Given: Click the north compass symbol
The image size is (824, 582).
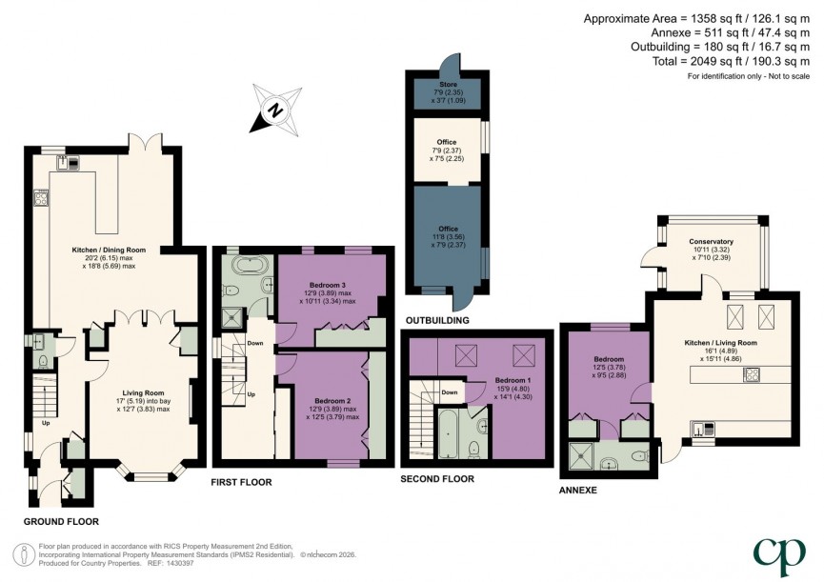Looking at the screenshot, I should click(x=273, y=110).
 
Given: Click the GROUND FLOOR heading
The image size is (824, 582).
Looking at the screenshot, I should click(x=61, y=521).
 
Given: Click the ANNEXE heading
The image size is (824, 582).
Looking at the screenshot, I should click(x=577, y=490).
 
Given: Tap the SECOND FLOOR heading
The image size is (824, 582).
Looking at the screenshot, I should click(x=437, y=479).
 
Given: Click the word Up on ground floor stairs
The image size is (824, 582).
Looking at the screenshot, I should click(x=44, y=423).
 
